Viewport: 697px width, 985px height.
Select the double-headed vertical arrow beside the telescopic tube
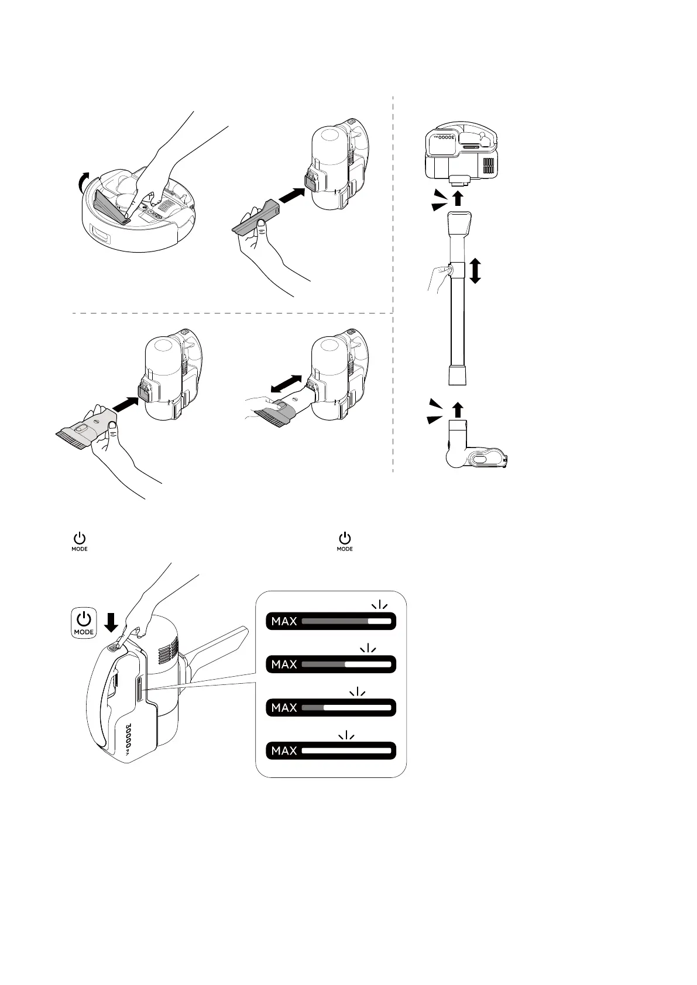[475, 271]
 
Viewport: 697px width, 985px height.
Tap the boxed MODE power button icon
[84, 623]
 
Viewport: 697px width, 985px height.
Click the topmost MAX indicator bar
[331, 621]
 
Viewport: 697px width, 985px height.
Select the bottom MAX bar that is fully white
[331, 750]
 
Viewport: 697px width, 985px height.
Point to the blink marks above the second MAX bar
[367, 648]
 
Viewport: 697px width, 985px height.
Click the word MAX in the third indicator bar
[284, 708]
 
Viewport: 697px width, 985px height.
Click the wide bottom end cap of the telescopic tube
[458, 375]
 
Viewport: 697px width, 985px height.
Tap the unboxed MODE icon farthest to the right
[345, 541]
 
